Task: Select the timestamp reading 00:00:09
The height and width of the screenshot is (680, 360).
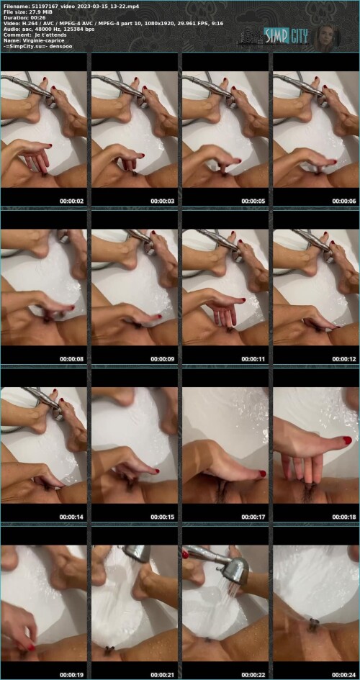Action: [163, 359]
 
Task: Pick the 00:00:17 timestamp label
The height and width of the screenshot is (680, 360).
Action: [253, 517]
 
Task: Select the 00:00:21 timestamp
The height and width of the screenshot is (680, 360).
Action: [163, 675]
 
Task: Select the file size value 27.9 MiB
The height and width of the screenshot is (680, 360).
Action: [40, 12]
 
